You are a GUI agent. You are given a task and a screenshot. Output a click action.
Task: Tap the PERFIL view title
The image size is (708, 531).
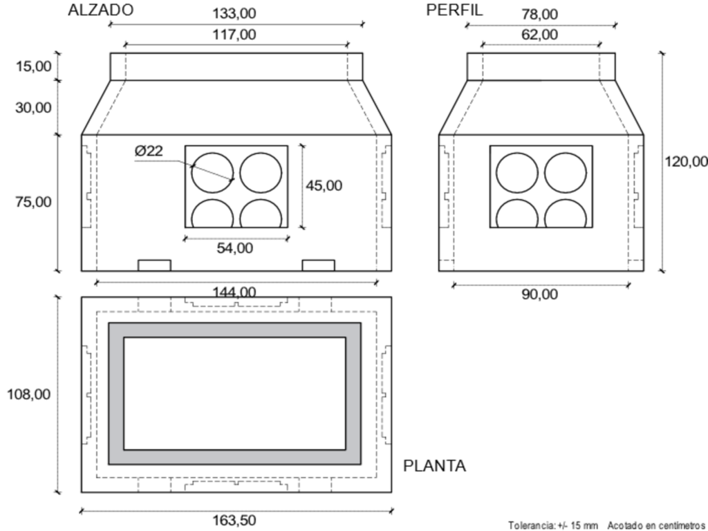pos(455,10)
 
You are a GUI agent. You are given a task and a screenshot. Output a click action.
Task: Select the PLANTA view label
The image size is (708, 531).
pos(434,466)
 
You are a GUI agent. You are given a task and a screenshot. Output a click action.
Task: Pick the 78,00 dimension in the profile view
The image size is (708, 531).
pos(540,14)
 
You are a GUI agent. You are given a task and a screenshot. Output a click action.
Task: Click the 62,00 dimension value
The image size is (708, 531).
pos(540,35)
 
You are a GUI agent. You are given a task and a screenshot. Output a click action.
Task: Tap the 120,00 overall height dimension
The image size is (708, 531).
pos(686,161)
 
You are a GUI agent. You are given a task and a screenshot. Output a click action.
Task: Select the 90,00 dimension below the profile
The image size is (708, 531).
pos(539,294)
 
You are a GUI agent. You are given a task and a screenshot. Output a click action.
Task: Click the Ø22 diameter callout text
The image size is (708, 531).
pos(149,151)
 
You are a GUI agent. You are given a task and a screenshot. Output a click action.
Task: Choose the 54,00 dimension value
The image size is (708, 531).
pos(235,248)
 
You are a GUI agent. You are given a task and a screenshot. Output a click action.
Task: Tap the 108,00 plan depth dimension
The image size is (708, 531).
pos(28,394)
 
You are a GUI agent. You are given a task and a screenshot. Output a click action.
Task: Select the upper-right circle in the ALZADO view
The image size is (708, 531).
pos(261,173)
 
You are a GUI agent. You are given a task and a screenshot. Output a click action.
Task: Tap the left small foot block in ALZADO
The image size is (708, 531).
pos(154,265)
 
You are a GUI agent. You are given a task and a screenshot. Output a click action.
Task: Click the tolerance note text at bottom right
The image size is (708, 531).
pos(606,525)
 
